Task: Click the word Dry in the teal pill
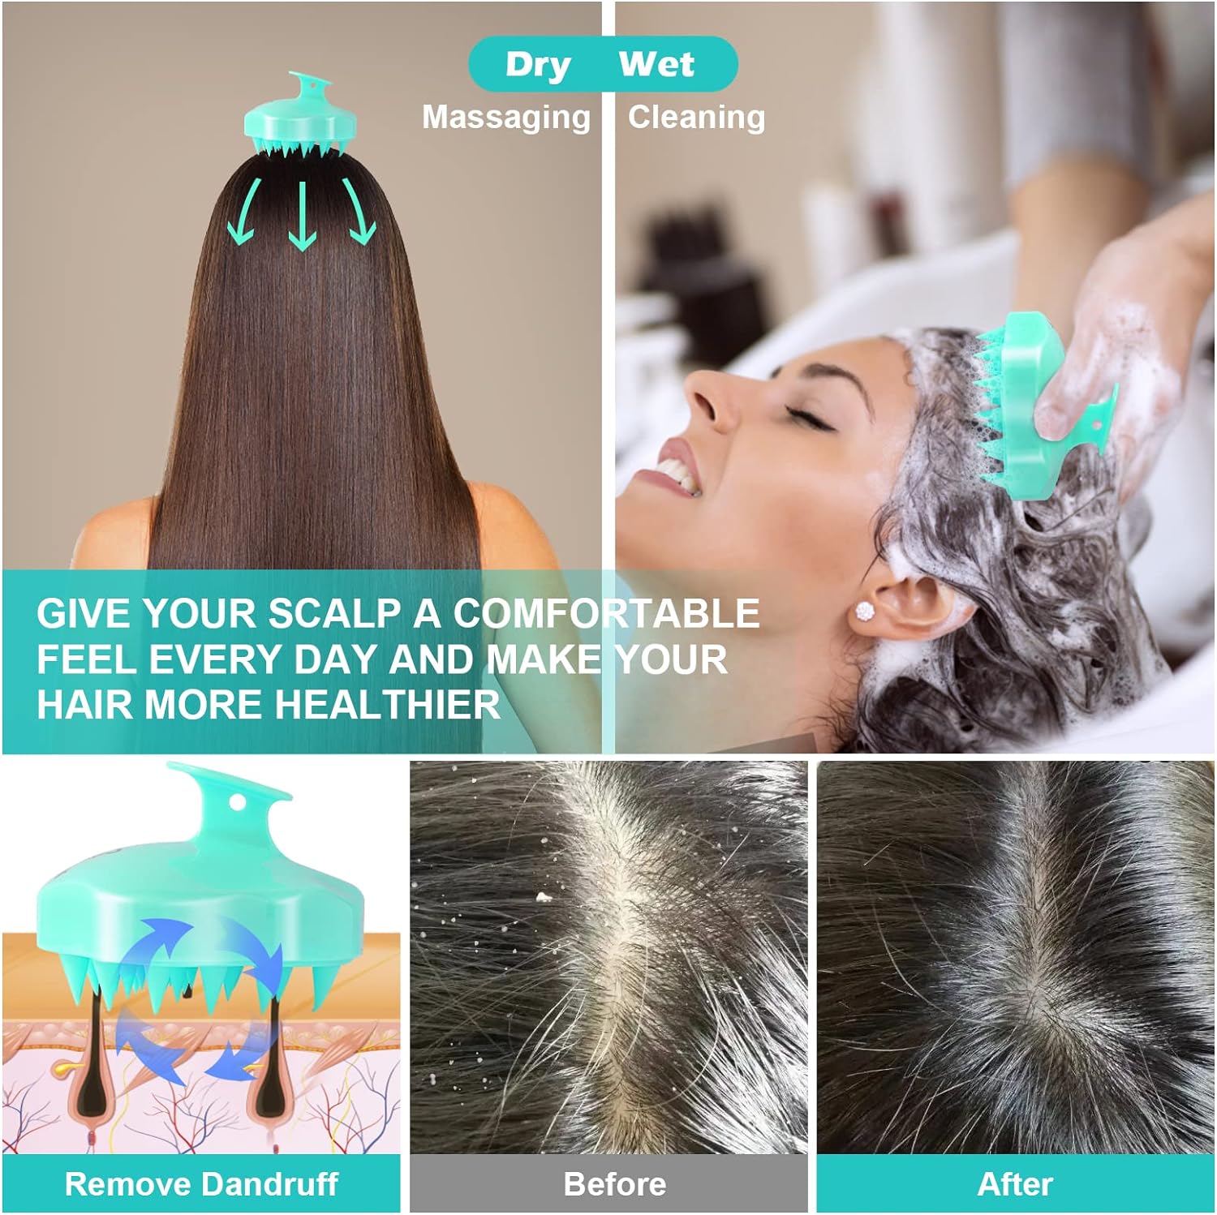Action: [x=538, y=65]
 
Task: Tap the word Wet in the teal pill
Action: [x=656, y=63]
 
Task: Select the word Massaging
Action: [x=506, y=118]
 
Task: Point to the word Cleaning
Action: [x=696, y=117]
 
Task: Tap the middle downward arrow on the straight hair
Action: [x=302, y=216]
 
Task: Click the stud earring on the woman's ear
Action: [x=865, y=610]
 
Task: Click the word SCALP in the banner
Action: [x=333, y=613]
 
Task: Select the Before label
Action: [x=614, y=1184]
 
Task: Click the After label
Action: [x=1015, y=1184]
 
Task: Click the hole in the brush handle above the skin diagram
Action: [x=237, y=803]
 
